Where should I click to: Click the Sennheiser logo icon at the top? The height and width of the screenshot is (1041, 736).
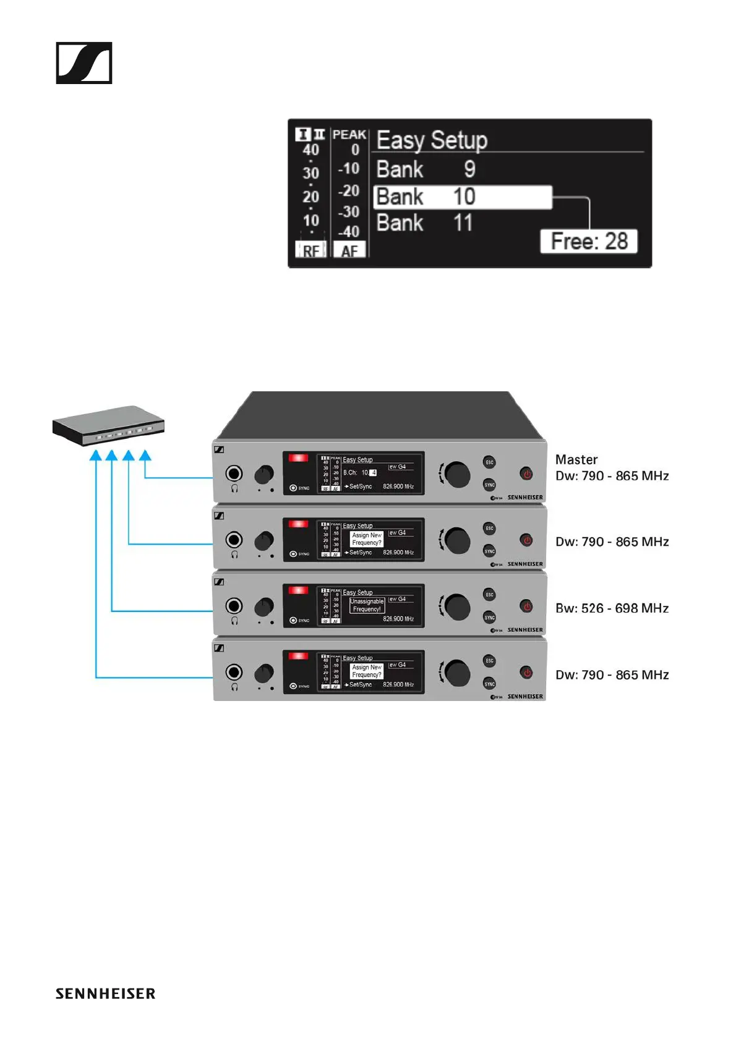84,63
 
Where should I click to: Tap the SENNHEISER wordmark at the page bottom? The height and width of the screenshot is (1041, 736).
105,993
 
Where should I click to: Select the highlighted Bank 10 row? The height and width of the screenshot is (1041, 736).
463,197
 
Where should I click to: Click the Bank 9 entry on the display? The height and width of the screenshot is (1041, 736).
426,169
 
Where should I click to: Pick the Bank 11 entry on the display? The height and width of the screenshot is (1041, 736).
425,223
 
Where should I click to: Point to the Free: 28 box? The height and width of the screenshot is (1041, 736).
589,241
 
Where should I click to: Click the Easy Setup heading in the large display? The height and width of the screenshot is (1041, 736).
432,140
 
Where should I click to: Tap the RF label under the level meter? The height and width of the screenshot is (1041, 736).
310,250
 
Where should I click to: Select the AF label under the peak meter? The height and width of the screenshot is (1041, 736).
349,250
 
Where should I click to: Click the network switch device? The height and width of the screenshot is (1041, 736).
108,425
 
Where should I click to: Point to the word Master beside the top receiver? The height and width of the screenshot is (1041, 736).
576,459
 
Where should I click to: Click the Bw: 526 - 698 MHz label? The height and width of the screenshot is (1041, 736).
612,608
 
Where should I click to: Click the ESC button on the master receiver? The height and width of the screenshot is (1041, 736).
489,462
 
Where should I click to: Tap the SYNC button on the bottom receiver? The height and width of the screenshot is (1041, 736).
489,684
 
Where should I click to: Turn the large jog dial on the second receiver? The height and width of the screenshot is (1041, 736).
457,540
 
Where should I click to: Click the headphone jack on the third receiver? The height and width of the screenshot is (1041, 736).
234,606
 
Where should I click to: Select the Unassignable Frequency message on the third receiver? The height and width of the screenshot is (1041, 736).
367,605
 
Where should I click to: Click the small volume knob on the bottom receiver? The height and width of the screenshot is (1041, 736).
264,673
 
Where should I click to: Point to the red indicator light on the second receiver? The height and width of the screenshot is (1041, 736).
298,524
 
